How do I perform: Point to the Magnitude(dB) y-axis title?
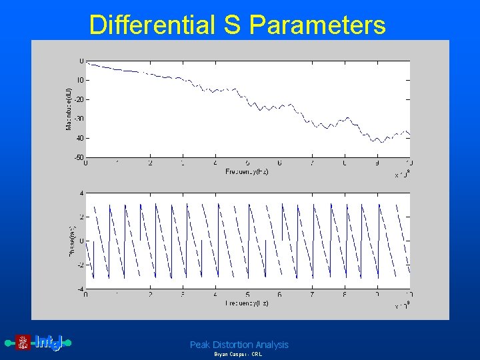point(69,108)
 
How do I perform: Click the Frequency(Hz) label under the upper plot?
point(246,171)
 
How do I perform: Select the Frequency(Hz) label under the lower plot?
point(246,303)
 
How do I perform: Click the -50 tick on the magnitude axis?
point(78,158)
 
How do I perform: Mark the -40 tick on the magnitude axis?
point(78,138)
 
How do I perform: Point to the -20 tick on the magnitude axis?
point(78,99)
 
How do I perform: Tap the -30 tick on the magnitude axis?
point(78,119)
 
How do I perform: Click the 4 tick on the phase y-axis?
point(81,193)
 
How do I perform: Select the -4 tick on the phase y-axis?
point(80,289)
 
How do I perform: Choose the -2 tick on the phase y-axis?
point(80,265)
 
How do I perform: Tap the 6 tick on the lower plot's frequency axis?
point(280,295)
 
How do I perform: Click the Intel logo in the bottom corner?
point(39,343)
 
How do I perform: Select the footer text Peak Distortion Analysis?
point(239,345)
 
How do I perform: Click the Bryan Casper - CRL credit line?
point(238,355)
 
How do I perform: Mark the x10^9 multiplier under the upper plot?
point(402,175)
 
